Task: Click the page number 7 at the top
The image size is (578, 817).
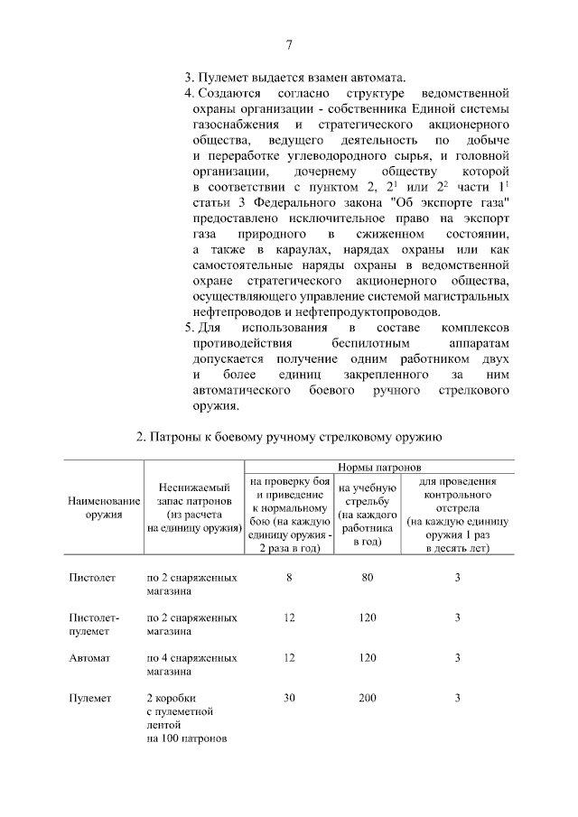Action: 289,45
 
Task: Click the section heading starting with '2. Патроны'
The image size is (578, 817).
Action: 288,438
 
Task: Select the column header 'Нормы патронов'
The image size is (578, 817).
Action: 379,468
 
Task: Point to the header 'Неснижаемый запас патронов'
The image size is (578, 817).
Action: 193,507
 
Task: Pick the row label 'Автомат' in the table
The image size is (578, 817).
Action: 89,659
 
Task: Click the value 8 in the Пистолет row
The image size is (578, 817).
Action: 289,577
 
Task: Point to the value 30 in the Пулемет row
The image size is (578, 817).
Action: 289,698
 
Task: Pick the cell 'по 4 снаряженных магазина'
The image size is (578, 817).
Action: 192,665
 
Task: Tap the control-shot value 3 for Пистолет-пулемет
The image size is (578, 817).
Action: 458,618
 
